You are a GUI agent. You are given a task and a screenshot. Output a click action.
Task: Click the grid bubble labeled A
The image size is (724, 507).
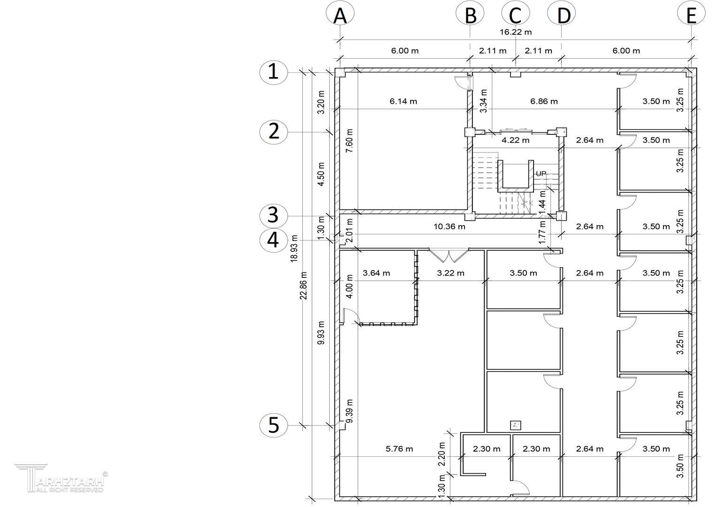click(340, 14)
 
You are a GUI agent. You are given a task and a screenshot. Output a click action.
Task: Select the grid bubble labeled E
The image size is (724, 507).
click(691, 14)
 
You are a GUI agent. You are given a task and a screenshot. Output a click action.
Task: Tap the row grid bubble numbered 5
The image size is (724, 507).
click(274, 425)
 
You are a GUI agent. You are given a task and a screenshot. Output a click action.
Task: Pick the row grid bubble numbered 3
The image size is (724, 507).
click(274, 215)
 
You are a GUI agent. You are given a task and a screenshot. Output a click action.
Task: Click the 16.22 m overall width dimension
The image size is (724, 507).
click(516, 32)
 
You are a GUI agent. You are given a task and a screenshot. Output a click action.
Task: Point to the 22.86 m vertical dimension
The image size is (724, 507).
click(304, 285)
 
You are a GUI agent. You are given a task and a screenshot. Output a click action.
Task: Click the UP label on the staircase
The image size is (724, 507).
click(541, 174)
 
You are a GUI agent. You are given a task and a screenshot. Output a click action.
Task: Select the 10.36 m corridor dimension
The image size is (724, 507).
click(449, 226)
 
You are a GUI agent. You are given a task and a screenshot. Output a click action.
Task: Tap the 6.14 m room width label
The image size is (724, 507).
click(403, 101)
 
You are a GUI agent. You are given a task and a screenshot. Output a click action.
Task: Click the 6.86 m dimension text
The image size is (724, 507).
click(544, 101)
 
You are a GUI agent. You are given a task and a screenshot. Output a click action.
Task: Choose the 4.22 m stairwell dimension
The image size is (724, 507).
click(516, 140)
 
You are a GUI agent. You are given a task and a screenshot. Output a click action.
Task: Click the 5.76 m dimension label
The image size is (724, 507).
click(399, 448)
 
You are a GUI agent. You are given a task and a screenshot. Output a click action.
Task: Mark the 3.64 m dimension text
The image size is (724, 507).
click(376, 273)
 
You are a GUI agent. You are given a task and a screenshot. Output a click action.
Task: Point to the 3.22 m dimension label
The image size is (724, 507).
click(450, 273)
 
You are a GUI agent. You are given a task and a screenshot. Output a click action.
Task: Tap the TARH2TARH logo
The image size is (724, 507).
click(61, 478)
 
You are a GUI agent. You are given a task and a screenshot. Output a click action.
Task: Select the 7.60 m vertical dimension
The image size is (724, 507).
click(350, 141)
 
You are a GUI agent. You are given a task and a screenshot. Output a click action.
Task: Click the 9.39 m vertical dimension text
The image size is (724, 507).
click(350, 411)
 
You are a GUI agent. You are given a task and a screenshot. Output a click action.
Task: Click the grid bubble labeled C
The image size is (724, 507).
click(516, 14)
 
